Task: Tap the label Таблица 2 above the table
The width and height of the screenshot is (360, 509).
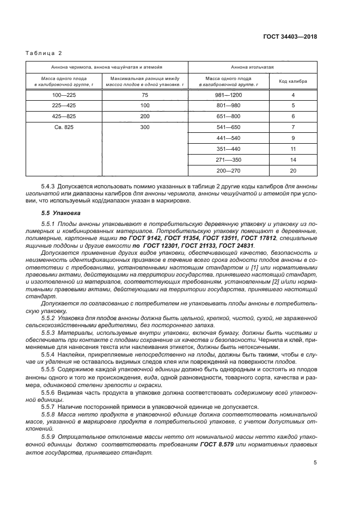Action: (x=45, y=53)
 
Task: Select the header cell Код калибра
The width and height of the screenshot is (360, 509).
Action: (x=292, y=82)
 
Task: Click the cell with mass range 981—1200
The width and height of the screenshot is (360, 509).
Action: (x=228, y=95)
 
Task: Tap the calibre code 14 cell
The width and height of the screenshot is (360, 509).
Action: (x=292, y=160)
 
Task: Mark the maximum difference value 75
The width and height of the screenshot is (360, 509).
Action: (x=144, y=95)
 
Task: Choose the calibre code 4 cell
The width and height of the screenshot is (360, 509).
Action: (x=292, y=95)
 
